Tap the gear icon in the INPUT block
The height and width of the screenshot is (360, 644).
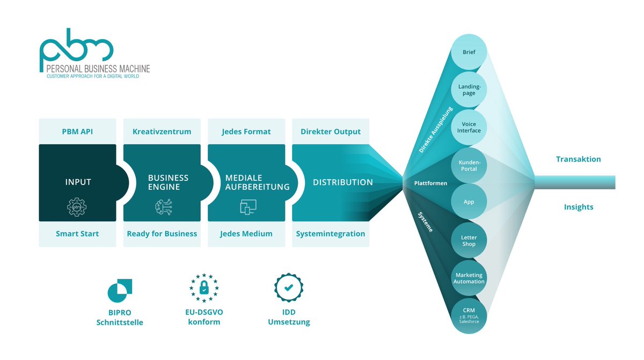[x=78, y=207]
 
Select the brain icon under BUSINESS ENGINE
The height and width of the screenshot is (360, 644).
[x=162, y=207]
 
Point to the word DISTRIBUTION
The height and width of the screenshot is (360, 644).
[x=342, y=182]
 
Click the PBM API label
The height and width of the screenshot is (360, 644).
[x=78, y=131]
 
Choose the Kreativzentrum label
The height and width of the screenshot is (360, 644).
[x=162, y=131]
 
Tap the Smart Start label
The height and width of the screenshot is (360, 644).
[x=78, y=233]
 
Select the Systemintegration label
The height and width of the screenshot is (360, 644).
[x=331, y=233]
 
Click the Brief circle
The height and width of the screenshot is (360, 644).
[x=469, y=52]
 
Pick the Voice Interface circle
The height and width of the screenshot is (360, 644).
[x=469, y=127]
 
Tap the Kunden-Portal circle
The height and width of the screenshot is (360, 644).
[x=469, y=165]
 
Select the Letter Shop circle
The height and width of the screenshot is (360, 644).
[x=469, y=240]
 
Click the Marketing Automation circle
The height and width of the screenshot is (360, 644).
[x=469, y=278]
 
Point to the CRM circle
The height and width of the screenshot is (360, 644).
[x=469, y=315]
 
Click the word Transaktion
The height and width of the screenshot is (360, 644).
[x=578, y=159]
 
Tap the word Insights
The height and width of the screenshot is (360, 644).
[x=578, y=207]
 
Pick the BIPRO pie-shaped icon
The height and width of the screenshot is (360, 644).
[x=120, y=290]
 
